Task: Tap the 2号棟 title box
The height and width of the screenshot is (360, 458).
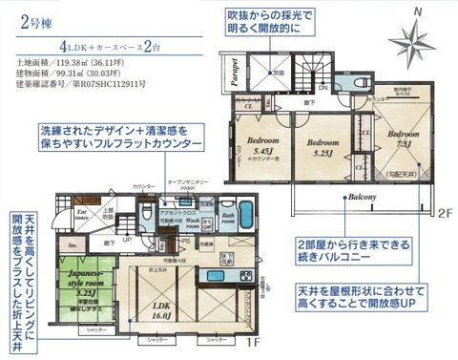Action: [x=35, y=22]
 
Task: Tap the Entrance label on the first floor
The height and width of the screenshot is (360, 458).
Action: [x=82, y=215]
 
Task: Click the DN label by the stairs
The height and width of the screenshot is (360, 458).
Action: [x=323, y=88]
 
